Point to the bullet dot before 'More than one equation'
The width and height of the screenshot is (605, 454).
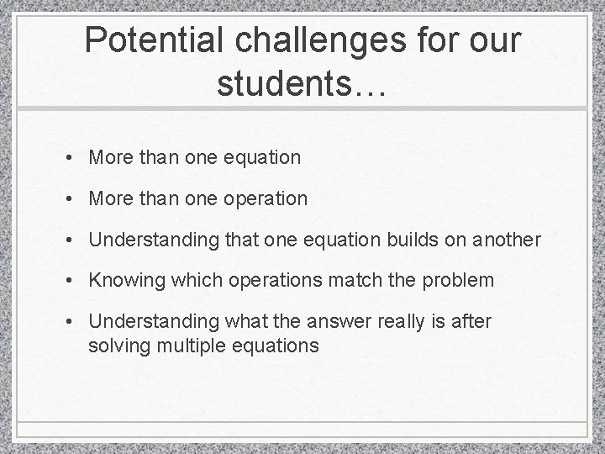(x=74, y=157)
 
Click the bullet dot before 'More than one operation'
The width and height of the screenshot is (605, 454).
(x=74, y=199)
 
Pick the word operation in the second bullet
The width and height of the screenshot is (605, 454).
(x=267, y=198)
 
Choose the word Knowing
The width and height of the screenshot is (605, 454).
(x=123, y=280)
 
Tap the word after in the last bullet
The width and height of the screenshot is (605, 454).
(x=472, y=321)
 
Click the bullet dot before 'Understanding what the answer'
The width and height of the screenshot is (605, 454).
(x=74, y=322)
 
